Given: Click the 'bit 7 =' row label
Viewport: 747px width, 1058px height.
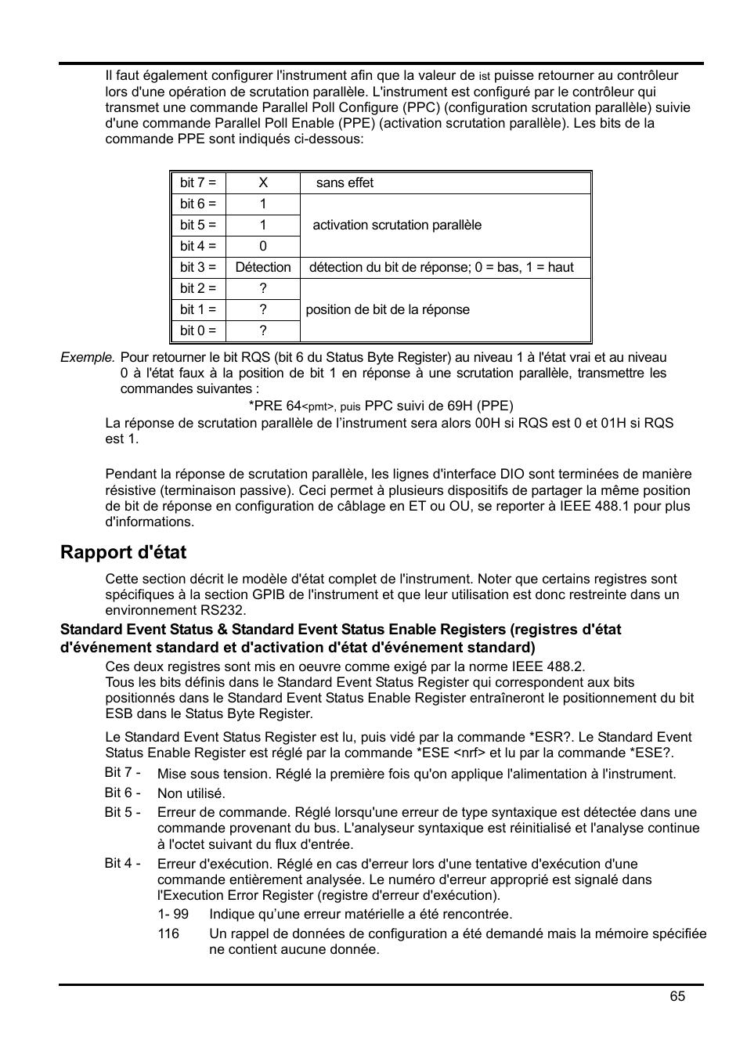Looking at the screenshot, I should coord(197,182).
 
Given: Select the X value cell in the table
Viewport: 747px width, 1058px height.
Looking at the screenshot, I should coord(263,182).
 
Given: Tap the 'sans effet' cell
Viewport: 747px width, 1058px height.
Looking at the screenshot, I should coord(345,182).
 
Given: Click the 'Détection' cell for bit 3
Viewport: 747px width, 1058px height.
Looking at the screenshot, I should coord(263,267).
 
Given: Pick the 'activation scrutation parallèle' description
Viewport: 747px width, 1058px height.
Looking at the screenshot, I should coord(397,225).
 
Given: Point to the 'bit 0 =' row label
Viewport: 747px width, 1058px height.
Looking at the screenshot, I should coord(197,330).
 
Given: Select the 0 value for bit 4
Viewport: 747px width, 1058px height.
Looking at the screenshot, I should coord(263,246).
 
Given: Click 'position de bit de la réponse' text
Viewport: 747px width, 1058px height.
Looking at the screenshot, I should coord(388,309).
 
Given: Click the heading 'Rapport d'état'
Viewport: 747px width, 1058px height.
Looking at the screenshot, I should coord(123,552).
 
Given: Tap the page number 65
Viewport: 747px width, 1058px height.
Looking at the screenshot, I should coord(677,995).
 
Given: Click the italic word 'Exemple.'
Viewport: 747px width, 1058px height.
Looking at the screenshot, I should coord(88,357).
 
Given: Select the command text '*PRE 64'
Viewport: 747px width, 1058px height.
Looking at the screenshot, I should coord(275,406).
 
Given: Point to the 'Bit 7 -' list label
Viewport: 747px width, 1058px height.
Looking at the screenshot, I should coord(122,773).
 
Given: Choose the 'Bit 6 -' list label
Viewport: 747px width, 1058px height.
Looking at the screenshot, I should coord(122,793).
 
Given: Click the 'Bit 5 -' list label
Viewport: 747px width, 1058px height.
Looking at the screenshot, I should coord(122,812).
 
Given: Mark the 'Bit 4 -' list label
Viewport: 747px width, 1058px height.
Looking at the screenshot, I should coord(122,863).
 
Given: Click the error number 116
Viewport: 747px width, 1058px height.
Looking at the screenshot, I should coord(168,933).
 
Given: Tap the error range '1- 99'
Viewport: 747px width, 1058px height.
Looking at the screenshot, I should coord(173,914).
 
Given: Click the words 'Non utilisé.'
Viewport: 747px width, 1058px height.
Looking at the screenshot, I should coord(191,793).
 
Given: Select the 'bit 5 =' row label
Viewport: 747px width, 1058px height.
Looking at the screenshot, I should coord(197,225).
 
